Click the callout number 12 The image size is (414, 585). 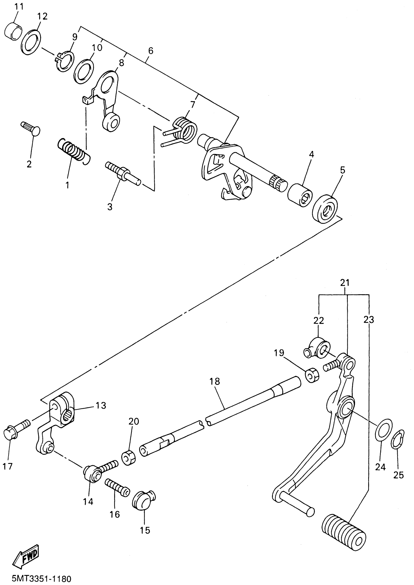(42, 16)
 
